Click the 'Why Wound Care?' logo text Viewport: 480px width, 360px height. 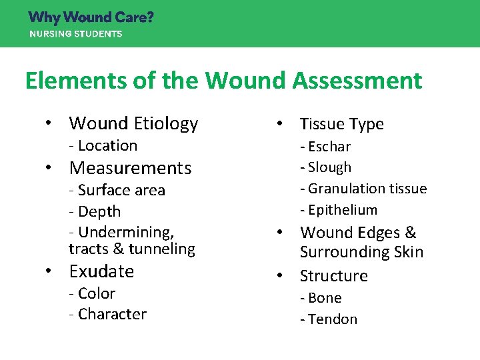(x=91, y=17)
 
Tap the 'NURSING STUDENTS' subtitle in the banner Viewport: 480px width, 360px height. (x=75, y=33)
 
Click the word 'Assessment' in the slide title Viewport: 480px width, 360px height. (x=357, y=81)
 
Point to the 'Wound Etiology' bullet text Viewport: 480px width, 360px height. (x=133, y=123)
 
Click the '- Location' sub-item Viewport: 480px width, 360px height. (x=103, y=145)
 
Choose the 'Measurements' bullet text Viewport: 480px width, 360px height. (x=130, y=168)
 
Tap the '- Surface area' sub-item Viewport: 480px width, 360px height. (x=117, y=190)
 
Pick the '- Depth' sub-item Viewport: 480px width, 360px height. (x=95, y=211)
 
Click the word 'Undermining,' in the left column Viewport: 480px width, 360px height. (x=126, y=232)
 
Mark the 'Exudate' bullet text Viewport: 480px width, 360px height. (x=101, y=271)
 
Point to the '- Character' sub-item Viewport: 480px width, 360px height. (x=107, y=314)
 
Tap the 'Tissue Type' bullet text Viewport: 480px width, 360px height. (x=341, y=124)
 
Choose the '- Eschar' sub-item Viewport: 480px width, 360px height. (x=325, y=146)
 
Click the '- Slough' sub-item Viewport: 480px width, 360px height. (x=325, y=167)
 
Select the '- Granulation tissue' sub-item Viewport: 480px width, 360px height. (x=363, y=189)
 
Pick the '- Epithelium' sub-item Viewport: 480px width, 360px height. (x=339, y=210)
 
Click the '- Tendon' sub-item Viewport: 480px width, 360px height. (x=329, y=319)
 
